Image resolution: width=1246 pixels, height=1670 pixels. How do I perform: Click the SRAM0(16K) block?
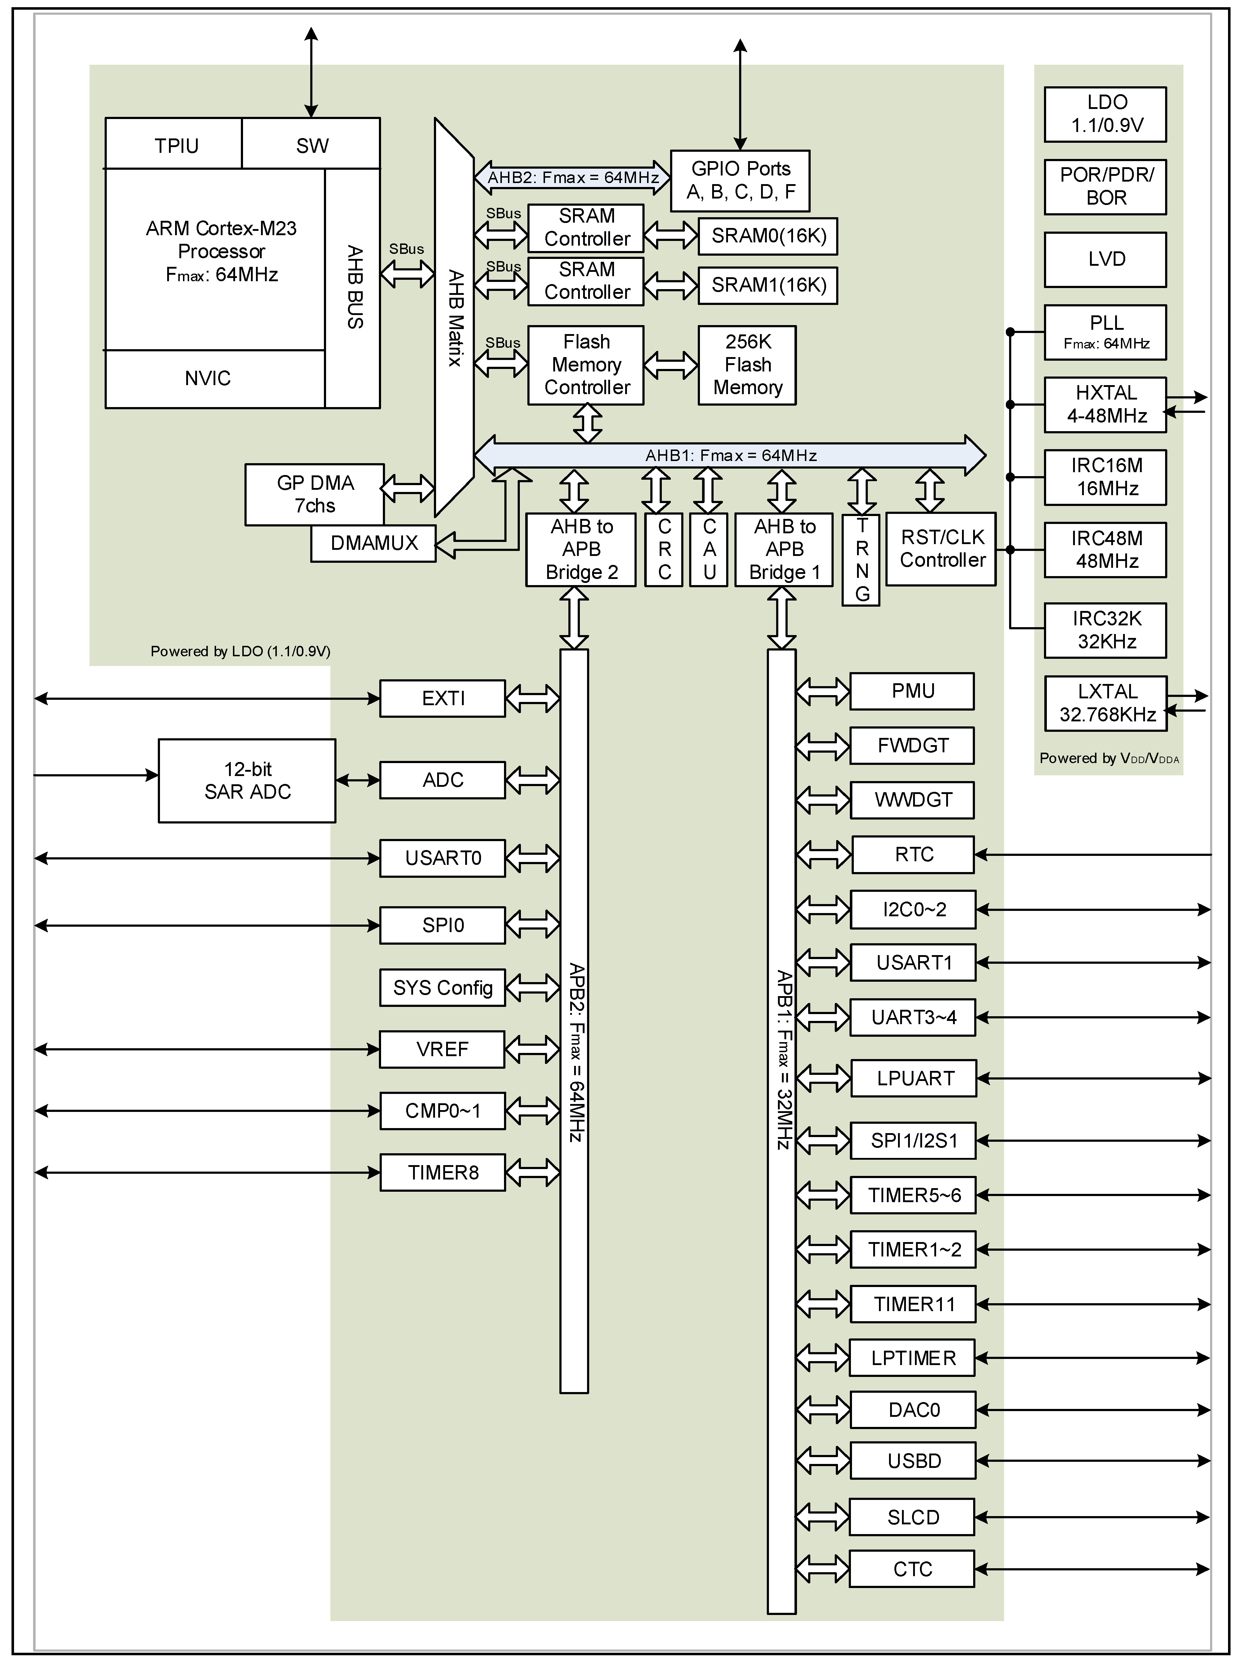pyautogui.click(x=768, y=236)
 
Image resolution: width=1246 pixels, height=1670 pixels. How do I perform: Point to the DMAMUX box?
pyautogui.click(x=374, y=543)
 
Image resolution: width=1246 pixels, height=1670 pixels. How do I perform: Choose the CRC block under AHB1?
pyautogui.click(x=664, y=549)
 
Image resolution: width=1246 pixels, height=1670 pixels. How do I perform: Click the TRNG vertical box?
pyautogui.click(x=861, y=560)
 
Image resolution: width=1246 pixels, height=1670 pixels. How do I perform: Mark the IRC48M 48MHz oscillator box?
pyautogui.click(x=1106, y=550)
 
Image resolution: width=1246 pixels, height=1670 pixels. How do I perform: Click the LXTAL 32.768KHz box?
pyautogui.click(x=1106, y=703)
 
